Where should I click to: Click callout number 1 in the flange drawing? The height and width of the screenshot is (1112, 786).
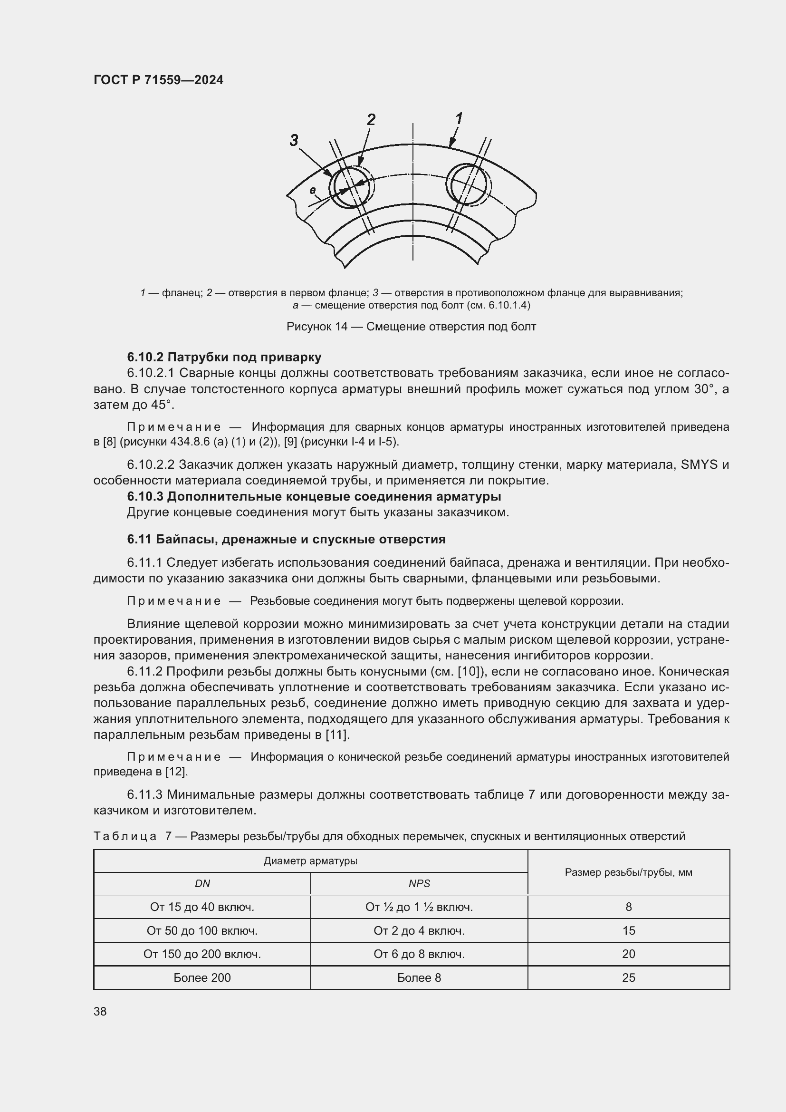click(x=459, y=118)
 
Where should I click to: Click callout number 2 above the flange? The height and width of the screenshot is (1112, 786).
click(x=371, y=120)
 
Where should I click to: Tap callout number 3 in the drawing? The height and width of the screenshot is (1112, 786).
click(x=294, y=140)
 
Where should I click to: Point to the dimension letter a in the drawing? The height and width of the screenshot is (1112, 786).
click(x=313, y=190)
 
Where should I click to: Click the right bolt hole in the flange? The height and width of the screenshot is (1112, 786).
click(x=468, y=185)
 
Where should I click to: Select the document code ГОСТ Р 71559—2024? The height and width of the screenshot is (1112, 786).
click(x=158, y=80)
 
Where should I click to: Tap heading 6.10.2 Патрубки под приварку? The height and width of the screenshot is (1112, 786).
click(x=224, y=357)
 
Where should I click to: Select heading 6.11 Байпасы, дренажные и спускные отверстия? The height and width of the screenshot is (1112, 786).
click(x=286, y=539)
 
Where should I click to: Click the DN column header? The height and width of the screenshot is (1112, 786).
click(x=202, y=883)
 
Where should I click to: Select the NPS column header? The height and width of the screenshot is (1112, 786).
click(x=419, y=883)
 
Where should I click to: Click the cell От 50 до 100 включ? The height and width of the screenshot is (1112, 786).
click(x=202, y=930)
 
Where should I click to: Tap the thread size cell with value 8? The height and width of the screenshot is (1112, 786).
click(x=628, y=907)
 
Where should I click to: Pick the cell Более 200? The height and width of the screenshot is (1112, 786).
click(x=202, y=977)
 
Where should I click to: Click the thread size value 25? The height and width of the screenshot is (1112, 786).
click(x=628, y=977)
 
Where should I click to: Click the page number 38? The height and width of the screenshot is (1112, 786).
click(x=100, y=1011)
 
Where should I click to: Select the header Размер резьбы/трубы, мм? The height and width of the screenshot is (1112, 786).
click(x=628, y=872)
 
